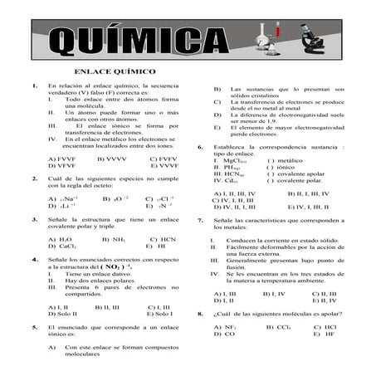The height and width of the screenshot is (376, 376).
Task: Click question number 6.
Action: (x=200, y=146)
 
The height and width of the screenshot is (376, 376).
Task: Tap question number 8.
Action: (x=200, y=315)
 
